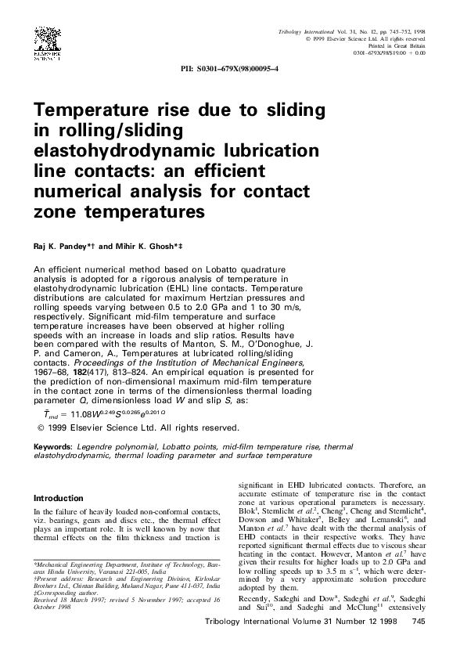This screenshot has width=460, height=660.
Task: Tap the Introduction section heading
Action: pos(58,498)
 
